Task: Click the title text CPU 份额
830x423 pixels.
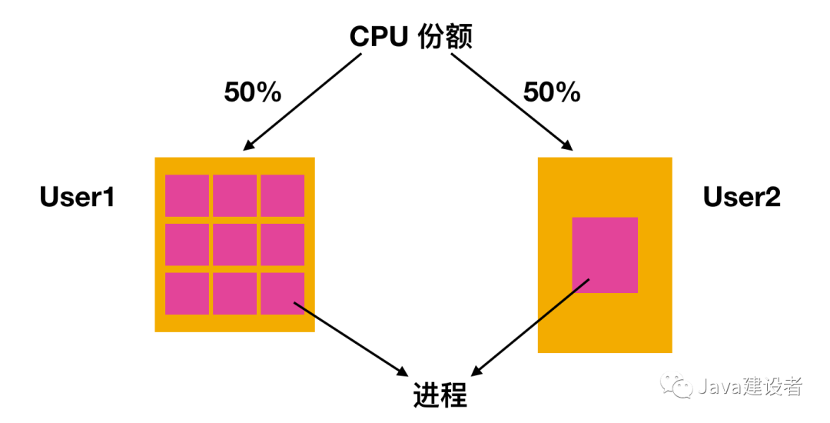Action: click(410, 36)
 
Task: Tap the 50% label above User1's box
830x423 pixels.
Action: click(253, 93)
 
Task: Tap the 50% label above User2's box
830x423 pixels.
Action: click(552, 93)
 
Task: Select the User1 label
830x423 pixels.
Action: click(77, 198)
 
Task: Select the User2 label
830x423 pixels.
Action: click(742, 198)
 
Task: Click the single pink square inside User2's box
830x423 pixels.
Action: click(605, 255)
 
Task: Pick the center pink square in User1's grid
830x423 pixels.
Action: click(234, 245)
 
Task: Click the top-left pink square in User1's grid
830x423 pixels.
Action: click(187, 195)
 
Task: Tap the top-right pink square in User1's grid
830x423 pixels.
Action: click(282, 195)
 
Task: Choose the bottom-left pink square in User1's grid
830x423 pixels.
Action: click(187, 294)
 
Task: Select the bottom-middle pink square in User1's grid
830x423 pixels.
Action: click(234, 294)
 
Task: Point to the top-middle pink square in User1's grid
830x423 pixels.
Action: click(234, 195)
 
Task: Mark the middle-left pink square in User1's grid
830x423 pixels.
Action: click(187, 245)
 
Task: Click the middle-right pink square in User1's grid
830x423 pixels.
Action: click(282, 245)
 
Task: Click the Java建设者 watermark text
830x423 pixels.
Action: click(749, 387)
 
